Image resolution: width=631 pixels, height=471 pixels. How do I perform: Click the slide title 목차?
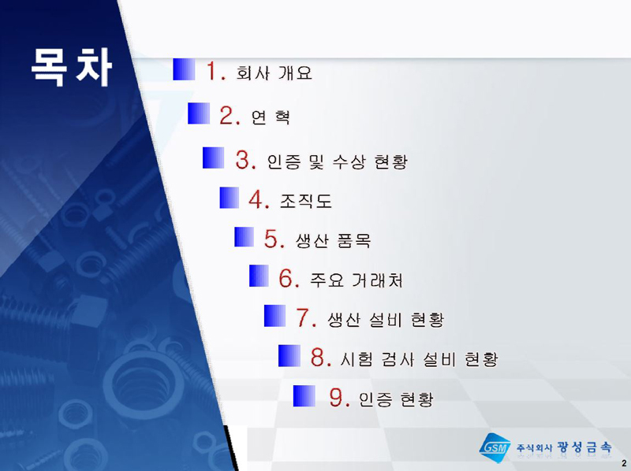71,67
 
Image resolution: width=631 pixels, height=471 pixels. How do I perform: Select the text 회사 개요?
274,73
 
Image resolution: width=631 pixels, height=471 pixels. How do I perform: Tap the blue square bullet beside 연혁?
199,113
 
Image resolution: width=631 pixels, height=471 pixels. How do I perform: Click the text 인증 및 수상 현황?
338,161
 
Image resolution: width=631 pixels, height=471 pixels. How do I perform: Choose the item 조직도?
306,201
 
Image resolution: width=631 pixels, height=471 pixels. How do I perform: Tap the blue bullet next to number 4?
230,198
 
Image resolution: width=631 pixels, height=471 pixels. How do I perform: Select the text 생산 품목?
333,241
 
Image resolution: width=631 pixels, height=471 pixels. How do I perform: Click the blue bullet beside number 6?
259,276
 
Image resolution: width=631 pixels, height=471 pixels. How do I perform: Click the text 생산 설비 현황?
386,320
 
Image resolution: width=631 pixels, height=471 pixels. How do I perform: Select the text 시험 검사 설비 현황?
420,359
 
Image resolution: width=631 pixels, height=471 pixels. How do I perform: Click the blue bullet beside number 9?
304,396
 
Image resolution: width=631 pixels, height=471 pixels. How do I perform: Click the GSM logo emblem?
495,447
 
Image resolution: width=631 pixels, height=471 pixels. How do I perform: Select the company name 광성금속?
584,447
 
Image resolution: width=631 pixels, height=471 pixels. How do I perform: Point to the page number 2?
624,463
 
